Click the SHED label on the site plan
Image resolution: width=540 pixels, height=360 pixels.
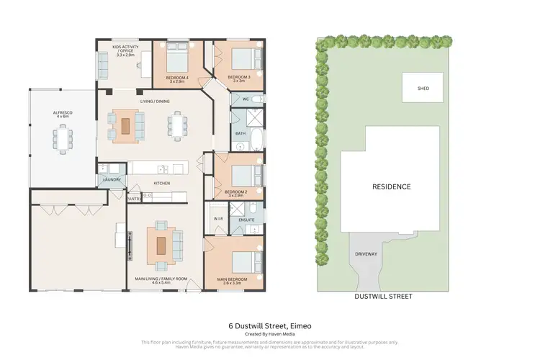pos(423,89)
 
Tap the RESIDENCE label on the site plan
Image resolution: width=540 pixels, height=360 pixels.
pos(391,186)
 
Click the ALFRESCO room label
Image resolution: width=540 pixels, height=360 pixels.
pos(63,113)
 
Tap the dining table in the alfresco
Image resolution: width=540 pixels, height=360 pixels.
pos(63,138)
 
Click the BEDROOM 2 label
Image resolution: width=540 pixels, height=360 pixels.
pos(236,192)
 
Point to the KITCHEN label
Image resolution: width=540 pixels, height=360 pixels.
pos(161,184)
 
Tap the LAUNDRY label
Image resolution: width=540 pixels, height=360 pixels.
pos(112,180)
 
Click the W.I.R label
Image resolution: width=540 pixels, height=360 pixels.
pos(217,219)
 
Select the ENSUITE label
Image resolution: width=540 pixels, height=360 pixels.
pos(247,219)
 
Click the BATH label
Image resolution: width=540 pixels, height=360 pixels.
pos(240,134)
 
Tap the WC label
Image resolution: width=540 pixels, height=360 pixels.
pos(246,99)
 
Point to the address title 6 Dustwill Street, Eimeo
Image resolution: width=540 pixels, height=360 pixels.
pos(270,325)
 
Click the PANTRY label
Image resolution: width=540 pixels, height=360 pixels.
pos(133,198)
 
